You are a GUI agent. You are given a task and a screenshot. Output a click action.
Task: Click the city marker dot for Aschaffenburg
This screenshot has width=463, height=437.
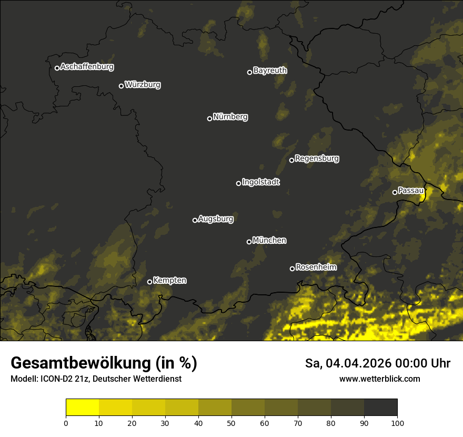[57, 68]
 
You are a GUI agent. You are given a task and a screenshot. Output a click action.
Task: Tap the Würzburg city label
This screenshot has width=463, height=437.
[143, 85]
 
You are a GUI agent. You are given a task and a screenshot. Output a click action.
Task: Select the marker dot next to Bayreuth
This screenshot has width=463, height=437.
[249, 72]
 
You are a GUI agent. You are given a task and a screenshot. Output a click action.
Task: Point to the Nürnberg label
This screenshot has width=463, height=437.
[230, 117]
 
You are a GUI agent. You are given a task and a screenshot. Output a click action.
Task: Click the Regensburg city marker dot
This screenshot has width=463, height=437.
[291, 160]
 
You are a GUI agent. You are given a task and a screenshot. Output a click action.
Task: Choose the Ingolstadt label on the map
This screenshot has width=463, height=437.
[261, 182]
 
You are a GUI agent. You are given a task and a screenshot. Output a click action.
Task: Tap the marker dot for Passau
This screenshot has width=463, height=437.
[395, 192]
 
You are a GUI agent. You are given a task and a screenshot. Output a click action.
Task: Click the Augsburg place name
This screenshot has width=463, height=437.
[216, 219]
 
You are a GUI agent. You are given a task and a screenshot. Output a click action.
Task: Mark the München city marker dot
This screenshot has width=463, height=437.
[249, 242]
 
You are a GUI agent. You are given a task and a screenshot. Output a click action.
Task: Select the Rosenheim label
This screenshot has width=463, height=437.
[316, 267]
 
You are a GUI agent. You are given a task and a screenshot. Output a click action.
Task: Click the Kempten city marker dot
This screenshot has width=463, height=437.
[149, 282]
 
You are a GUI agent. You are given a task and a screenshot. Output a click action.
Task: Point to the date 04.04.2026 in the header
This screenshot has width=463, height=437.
[358, 363]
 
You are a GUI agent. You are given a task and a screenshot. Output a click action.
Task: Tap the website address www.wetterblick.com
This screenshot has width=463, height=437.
[379, 379]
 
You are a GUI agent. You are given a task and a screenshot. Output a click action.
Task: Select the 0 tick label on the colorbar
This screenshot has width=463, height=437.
[66, 423]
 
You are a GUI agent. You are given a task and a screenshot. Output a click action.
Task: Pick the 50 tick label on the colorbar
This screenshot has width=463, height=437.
[231, 423]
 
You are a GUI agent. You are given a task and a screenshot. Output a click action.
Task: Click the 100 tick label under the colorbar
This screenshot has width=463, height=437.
[397, 423]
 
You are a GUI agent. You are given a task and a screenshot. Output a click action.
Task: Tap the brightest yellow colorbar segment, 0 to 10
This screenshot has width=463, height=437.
[83, 408]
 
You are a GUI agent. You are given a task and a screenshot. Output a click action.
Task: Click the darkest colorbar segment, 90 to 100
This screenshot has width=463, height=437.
[380, 408]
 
